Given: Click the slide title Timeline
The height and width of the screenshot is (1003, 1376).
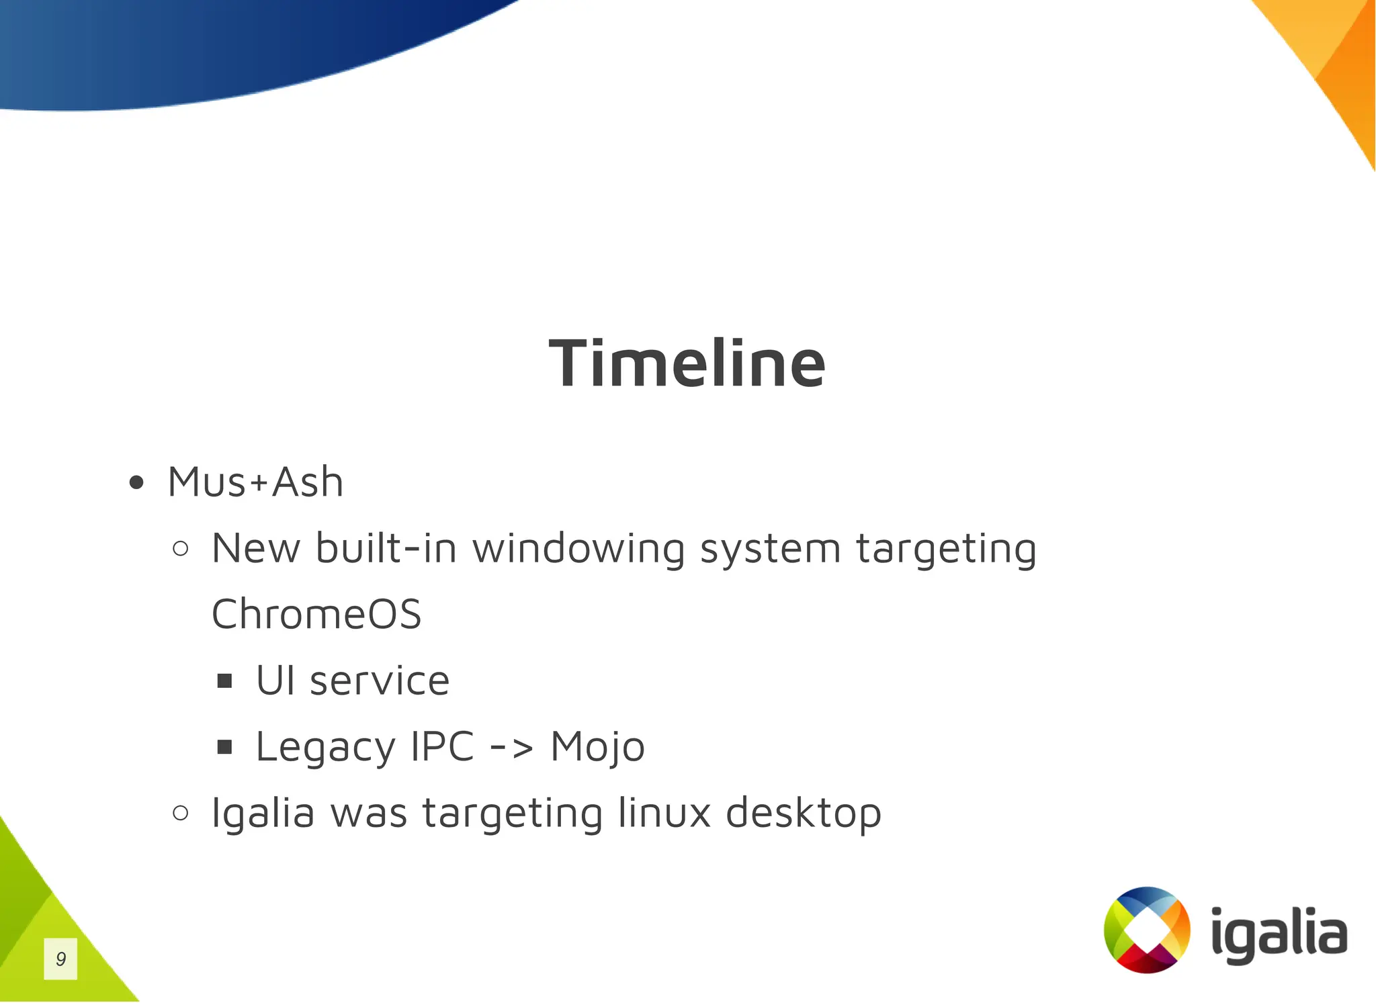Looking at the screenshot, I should [687, 363].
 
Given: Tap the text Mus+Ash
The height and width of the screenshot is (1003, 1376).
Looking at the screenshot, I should [255, 482].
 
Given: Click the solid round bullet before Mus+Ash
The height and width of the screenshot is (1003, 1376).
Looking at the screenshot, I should [136, 482].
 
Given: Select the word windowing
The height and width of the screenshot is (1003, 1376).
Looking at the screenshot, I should [579, 549].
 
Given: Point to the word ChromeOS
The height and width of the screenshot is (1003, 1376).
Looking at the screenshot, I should [316, 614].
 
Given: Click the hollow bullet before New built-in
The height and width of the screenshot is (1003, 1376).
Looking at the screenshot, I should [180, 549].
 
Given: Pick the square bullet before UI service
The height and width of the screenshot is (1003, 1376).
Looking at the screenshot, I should [224, 681].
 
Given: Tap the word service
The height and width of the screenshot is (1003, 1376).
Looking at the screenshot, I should [379, 681].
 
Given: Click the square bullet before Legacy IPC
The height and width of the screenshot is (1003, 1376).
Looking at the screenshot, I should [224, 747].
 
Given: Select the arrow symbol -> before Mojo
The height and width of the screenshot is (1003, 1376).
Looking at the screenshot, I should [511, 747].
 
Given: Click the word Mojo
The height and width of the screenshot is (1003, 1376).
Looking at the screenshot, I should [597, 747].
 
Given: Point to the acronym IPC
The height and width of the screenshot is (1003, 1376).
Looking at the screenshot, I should [442, 746].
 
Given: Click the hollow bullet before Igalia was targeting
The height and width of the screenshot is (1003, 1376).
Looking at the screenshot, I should [180, 813].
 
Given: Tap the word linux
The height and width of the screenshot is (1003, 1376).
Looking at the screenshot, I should [664, 812].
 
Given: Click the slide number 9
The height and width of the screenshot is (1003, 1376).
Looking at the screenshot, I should [60, 959].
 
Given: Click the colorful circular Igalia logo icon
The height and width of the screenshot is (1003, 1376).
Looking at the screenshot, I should [1147, 929].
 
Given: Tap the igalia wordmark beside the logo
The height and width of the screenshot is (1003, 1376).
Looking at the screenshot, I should [1279, 934].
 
